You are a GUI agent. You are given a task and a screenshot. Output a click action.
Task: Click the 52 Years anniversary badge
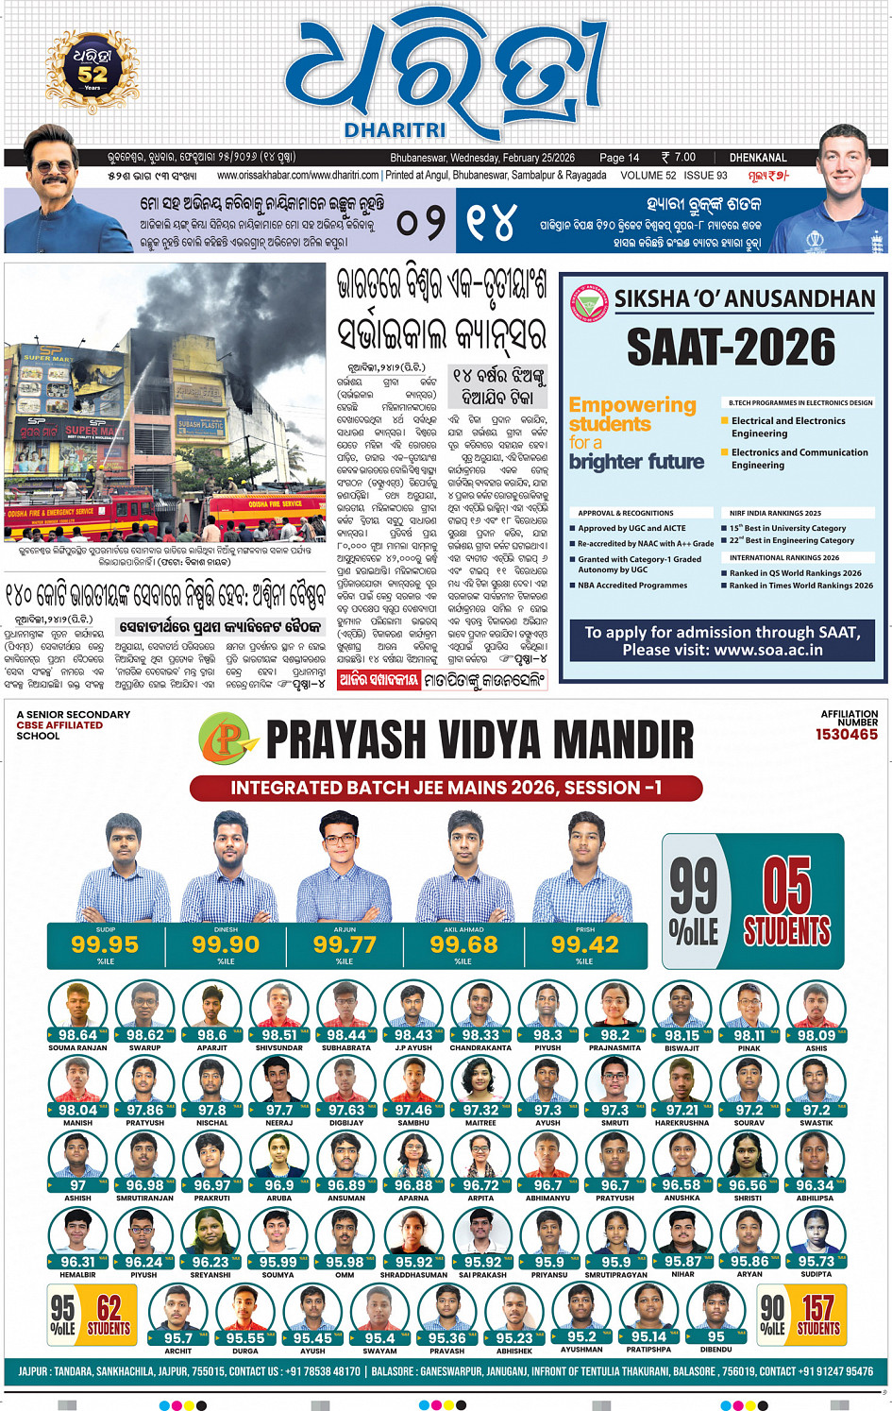tap(92, 68)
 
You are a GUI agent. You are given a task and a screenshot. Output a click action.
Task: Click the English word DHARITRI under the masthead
tap(395, 130)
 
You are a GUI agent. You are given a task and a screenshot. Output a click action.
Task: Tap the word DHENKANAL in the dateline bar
tap(757, 158)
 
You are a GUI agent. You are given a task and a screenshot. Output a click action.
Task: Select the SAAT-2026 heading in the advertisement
tap(731, 348)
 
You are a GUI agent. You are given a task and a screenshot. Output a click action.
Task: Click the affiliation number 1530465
tap(846, 735)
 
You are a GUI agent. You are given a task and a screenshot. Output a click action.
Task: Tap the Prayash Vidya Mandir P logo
tap(226, 739)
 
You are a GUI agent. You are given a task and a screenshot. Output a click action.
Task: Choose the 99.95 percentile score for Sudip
tap(105, 943)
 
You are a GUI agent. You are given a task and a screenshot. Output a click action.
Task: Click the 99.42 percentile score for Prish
tap(585, 943)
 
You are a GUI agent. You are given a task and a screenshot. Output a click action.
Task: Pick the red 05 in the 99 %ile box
tap(786, 884)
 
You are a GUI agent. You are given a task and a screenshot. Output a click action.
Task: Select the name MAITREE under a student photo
tap(480, 1123)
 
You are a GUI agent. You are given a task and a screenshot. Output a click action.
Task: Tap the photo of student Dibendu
tap(715, 1307)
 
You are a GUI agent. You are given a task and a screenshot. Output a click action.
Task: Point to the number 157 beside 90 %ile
tap(817, 1308)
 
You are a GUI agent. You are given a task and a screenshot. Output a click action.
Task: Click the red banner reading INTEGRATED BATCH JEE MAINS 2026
tap(446, 788)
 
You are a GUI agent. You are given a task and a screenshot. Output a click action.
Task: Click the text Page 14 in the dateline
tap(619, 158)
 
